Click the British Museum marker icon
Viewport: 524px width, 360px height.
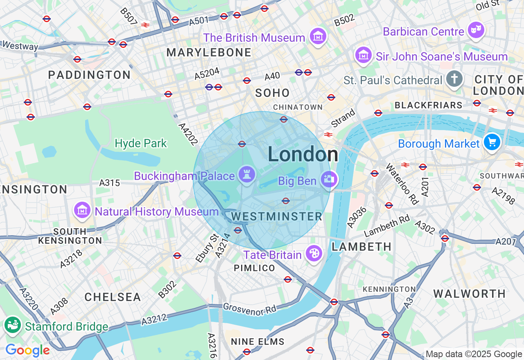click(318, 37)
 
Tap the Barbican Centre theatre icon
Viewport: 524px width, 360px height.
click(476, 30)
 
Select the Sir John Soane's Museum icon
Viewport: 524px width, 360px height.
click(363, 55)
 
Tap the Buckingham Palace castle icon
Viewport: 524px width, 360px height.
click(246, 175)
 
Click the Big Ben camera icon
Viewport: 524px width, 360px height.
click(329, 180)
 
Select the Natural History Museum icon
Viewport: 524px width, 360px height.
click(82, 211)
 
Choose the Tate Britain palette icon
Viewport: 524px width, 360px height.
click(314, 254)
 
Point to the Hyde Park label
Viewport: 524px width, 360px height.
click(141, 144)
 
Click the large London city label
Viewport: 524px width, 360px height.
click(303, 155)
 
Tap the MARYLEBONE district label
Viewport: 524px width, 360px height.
click(209, 52)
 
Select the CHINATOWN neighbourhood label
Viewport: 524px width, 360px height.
click(298, 107)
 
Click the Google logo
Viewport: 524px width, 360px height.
click(27, 350)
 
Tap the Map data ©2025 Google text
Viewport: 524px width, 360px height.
click(474, 354)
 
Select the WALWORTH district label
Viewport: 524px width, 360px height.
click(469, 294)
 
